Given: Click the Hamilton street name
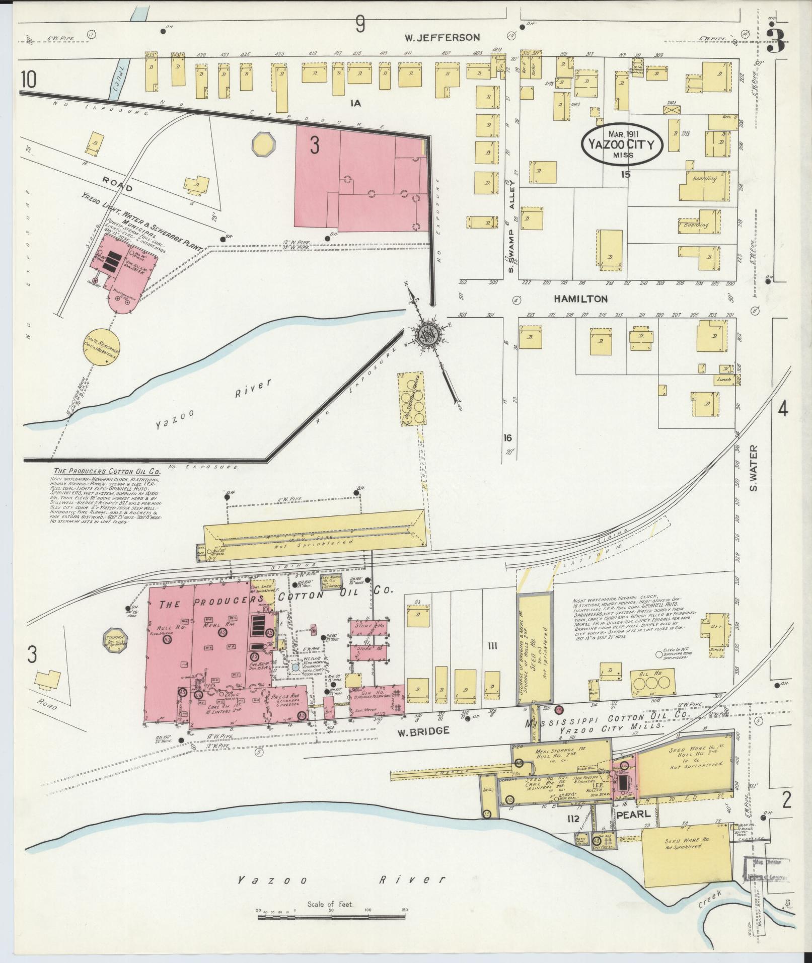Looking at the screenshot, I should pyautogui.click(x=580, y=299).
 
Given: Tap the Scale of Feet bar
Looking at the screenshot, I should pyautogui.click(x=331, y=918).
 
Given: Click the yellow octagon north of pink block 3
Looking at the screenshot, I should pyautogui.click(x=264, y=144).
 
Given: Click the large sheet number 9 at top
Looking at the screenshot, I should pyautogui.click(x=359, y=24).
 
